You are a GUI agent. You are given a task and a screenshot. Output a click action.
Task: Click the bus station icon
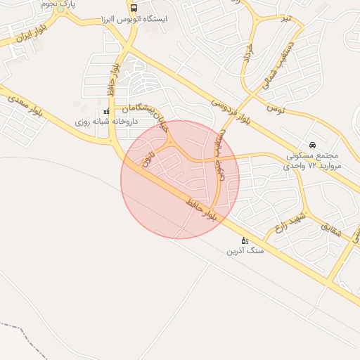tap(134, 8)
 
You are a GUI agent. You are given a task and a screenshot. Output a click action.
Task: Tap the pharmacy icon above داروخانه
tap(106, 112)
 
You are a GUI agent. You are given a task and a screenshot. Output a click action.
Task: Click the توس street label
tap(275, 109)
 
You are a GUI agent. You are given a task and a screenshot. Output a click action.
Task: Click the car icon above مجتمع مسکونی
tap(312, 145)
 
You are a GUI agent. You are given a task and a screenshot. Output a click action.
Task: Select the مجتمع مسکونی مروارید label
tap(312, 160)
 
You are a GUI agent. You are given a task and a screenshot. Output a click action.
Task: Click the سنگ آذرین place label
tap(244, 251)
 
